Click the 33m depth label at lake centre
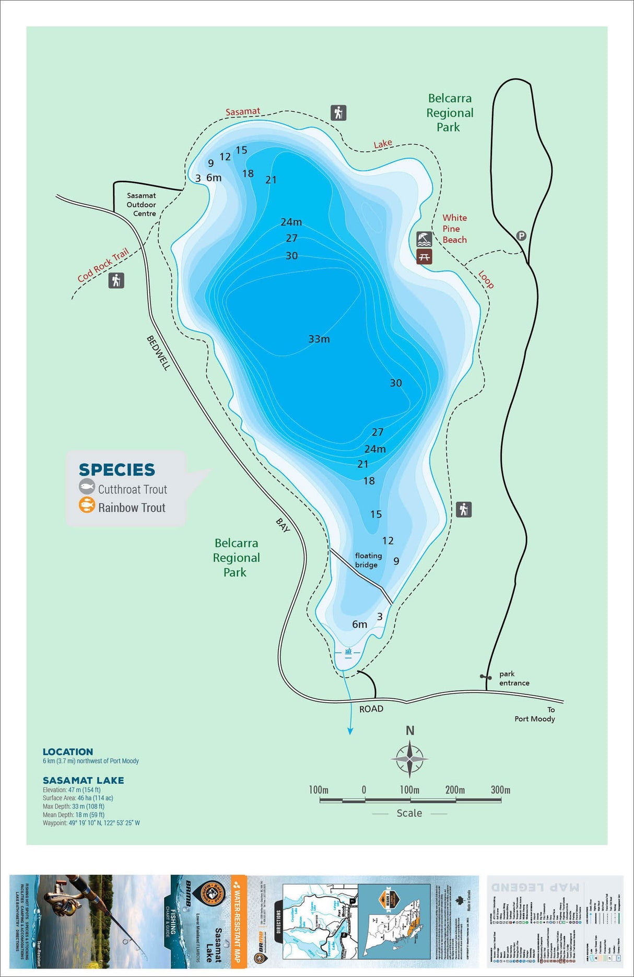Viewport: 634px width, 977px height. click(319, 339)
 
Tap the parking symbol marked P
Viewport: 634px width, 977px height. click(521, 236)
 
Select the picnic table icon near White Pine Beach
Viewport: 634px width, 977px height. click(424, 256)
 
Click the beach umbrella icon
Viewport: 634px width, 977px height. click(424, 240)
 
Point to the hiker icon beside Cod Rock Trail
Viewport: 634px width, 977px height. click(116, 281)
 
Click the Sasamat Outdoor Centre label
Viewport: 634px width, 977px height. click(141, 205)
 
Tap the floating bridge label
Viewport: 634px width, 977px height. click(368, 560)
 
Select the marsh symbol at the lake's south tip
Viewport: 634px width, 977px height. click(348, 652)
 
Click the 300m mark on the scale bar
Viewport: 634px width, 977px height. click(500, 790)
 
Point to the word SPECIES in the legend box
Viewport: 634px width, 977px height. click(117, 469)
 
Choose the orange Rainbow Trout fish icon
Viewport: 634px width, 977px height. click(87, 505)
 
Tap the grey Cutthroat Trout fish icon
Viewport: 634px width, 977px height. click(87, 488)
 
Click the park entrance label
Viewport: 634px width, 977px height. click(514, 678)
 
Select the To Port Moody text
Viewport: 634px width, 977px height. click(535, 714)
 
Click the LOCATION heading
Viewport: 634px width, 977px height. click(68, 752)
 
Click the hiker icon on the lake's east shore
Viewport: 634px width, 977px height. click(464, 509)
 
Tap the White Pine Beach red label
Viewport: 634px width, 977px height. click(454, 229)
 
